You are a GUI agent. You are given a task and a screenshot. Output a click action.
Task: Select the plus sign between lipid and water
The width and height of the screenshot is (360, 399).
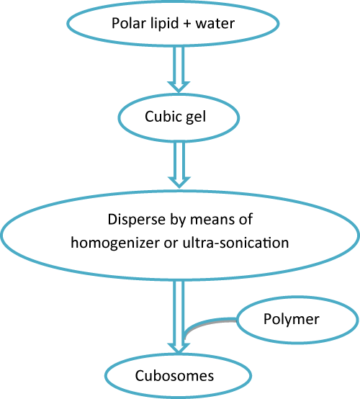tap(187, 24)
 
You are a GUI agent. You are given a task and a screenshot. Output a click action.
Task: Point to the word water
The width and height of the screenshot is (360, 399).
tap(215, 24)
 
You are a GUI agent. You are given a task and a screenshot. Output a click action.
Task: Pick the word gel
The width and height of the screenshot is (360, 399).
tap(196, 117)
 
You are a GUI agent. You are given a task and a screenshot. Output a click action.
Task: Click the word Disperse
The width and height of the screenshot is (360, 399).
tap(137, 220)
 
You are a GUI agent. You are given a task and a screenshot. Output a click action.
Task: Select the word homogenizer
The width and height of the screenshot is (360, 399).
tap(115, 243)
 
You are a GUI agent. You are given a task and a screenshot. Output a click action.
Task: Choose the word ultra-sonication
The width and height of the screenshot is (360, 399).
tap(235, 243)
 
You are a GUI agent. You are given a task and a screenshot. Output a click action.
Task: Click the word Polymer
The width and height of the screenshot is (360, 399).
tap(292, 319)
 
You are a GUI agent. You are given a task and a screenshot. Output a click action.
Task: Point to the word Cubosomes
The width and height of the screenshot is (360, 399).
tap(174, 375)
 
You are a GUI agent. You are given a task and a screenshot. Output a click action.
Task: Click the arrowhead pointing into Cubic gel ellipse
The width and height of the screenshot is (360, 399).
tap(179, 86)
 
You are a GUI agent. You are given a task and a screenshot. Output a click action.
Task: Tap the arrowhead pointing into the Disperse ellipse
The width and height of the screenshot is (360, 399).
tap(179, 182)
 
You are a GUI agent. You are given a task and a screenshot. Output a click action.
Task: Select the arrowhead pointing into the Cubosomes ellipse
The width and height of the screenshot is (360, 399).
tap(179, 348)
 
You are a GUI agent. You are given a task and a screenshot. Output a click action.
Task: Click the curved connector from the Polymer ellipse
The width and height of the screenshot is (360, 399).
tap(201, 323)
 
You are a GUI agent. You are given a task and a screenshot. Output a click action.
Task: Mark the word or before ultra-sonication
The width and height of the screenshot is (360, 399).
tap(171, 243)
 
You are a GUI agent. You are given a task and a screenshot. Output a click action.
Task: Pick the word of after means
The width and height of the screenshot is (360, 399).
tap(246, 220)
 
